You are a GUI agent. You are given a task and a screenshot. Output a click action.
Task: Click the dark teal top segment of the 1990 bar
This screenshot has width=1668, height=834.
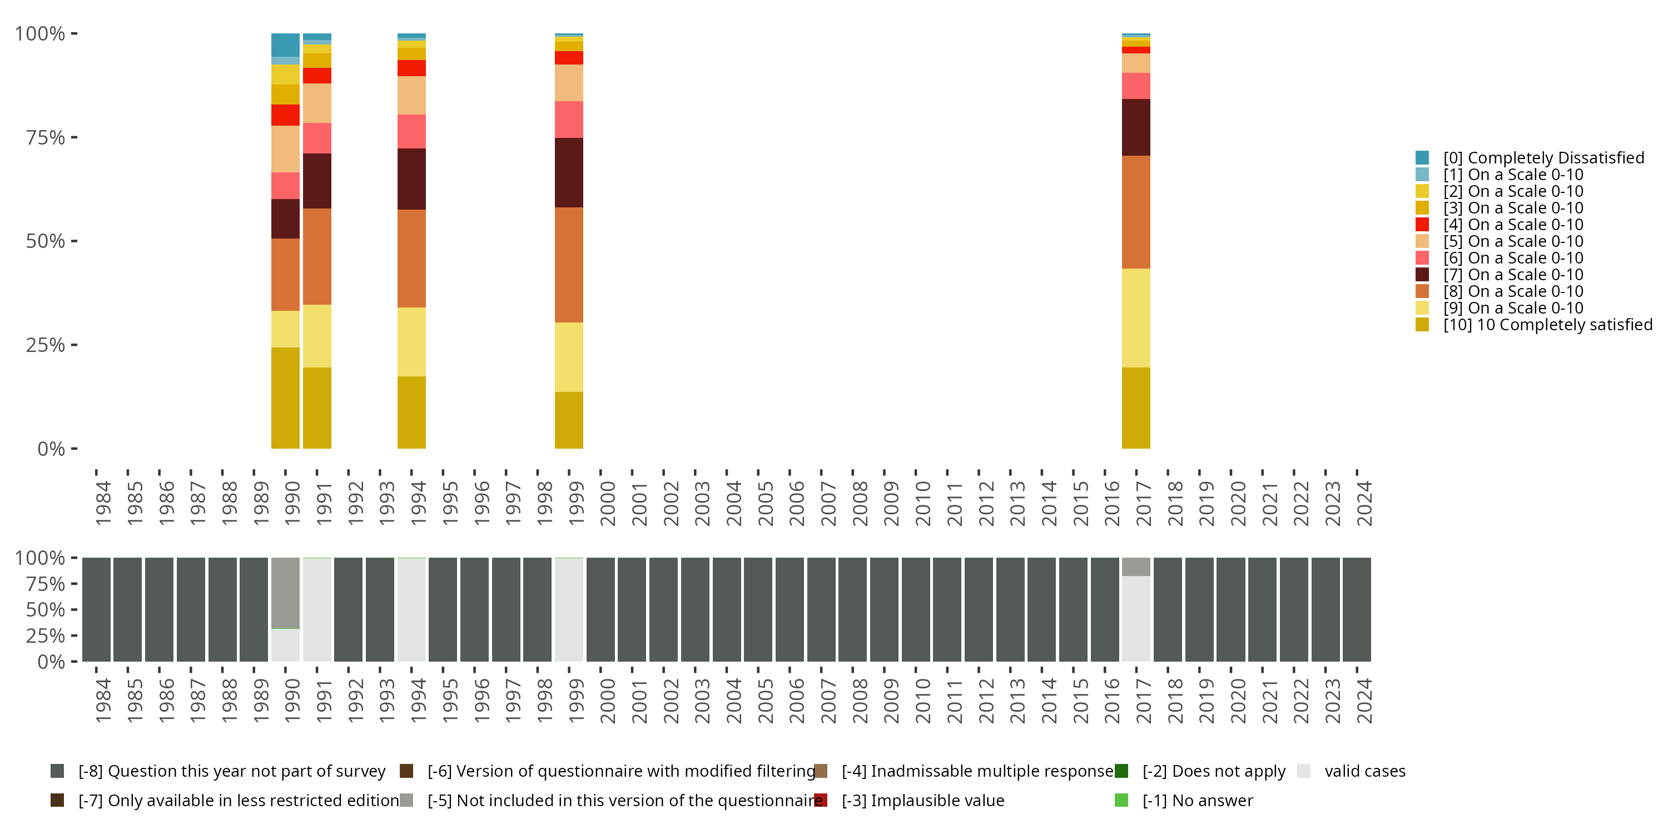[285, 44]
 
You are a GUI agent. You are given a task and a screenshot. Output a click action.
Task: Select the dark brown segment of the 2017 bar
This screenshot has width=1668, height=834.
[1136, 127]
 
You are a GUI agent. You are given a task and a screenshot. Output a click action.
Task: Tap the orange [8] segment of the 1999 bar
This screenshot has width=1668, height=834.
[569, 264]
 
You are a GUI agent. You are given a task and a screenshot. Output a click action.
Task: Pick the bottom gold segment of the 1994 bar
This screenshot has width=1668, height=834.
[411, 412]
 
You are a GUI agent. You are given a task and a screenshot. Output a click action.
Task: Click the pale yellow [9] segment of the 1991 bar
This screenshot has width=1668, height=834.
[316, 335]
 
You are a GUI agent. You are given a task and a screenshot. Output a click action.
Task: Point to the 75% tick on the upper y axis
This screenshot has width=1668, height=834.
[73, 137]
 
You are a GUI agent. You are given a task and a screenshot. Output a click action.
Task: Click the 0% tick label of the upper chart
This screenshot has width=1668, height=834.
[51, 449]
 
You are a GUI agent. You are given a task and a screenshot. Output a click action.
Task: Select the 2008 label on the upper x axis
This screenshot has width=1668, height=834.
[859, 503]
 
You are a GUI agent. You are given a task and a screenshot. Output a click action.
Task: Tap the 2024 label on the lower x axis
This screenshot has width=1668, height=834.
[1364, 701]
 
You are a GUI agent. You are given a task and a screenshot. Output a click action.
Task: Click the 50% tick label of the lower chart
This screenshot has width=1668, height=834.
[46, 609]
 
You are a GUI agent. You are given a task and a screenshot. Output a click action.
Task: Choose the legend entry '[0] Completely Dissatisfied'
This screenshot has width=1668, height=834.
[1543, 157]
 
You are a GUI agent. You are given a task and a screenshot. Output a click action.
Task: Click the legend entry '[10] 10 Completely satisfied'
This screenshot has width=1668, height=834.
[1547, 324]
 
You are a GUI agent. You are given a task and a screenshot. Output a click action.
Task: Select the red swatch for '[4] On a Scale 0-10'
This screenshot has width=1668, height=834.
[1422, 225]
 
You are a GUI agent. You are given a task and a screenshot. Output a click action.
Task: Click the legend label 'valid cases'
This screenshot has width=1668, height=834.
[1365, 771]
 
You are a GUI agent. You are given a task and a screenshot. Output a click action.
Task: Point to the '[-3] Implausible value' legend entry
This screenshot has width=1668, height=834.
[923, 800]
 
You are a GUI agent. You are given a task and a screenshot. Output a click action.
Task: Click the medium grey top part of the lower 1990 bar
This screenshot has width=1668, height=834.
[285, 593]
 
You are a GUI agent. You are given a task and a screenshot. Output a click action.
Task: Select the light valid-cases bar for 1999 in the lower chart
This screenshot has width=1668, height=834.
[569, 609]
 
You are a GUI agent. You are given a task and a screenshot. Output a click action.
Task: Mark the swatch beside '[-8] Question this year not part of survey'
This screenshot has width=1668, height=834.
[57, 771]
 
